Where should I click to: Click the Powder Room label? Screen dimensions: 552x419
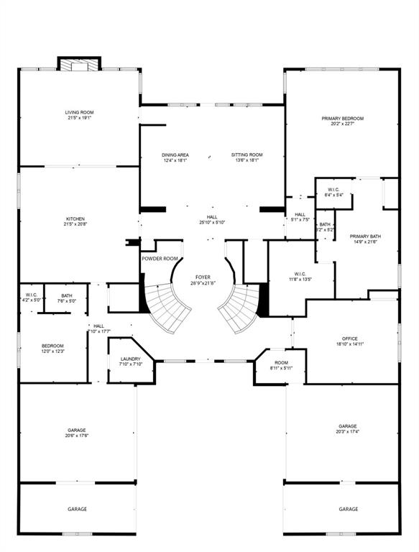pyautogui.click(x=160, y=259)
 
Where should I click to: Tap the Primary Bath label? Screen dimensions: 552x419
pyautogui.click(x=364, y=239)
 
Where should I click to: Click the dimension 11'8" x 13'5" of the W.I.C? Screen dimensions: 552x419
pyautogui.click(x=300, y=280)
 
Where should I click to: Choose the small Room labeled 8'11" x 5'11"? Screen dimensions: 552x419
pyautogui.click(x=281, y=365)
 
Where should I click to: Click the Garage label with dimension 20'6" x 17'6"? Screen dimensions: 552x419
pyautogui.click(x=77, y=433)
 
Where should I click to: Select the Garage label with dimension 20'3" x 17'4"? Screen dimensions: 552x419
pyautogui.click(x=348, y=428)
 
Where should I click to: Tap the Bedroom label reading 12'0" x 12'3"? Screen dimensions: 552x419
pyautogui.click(x=52, y=349)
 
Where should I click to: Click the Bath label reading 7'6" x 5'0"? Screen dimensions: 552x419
pyautogui.click(x=67, y=298)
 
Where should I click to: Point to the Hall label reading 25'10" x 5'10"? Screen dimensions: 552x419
pyautogui.click(x=212, y=219)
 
